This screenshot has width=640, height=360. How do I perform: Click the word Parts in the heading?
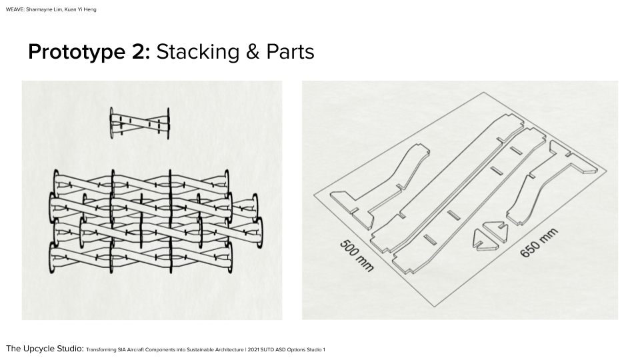click(290, 52)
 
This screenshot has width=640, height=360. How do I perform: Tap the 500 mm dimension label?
click(357, 256)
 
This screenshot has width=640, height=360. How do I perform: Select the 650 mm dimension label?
click(539, 243)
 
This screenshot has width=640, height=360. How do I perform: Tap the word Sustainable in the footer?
click(199, 350)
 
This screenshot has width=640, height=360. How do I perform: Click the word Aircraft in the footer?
click(135, 350)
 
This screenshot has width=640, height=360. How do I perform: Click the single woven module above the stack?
click(139, 123)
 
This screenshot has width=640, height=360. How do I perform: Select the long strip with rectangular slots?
click(469, 200)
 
